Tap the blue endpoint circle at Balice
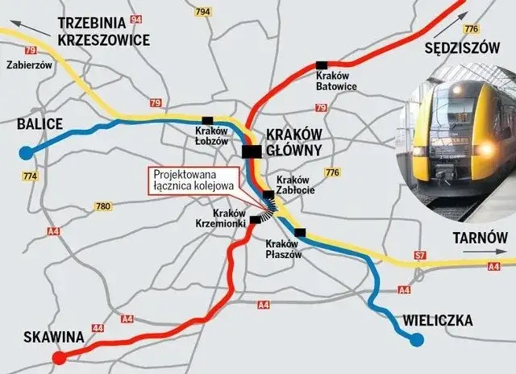[26, 152]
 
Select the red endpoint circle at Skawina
[58, 359]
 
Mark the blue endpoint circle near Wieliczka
[416, 340]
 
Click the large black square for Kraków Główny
[252, 151]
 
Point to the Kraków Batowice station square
[322, 64]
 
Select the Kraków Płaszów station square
[300, 233]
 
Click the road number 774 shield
[31, 176]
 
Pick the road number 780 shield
[102, 207]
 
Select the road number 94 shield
[135, 19]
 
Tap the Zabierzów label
[28, 67]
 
